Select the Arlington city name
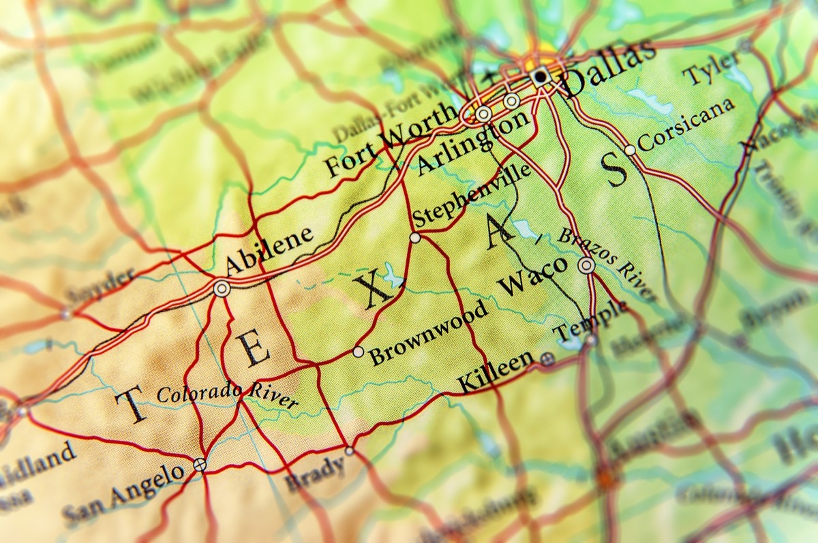coord(472,144)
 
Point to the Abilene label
coord(269,250)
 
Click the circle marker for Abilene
coord(221,289)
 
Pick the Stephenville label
coord(471,196)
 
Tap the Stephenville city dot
coord(414,238)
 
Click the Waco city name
coord(533,276)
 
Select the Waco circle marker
coord(586,266)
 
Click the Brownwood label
coord(429,332)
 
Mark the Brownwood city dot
coord(358,352)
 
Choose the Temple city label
coord(590,321)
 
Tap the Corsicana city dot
coord(631,150)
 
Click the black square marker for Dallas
coord(541,77)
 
